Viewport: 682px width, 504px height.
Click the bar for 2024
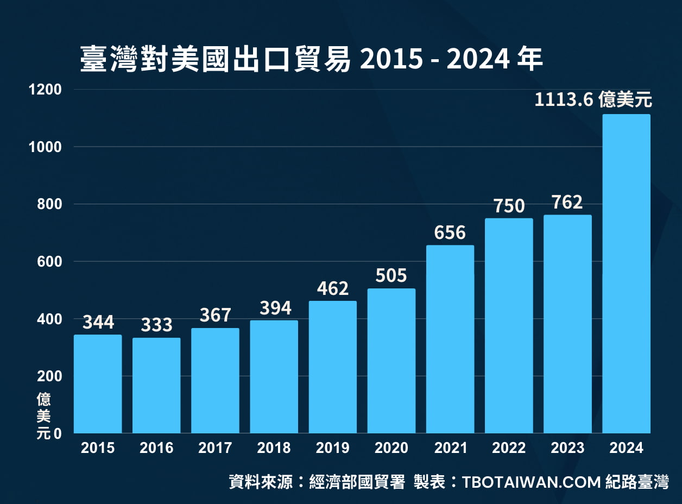(626, 274)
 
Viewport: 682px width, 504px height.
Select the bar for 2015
(98, 384)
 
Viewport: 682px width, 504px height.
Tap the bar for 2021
(450, 339)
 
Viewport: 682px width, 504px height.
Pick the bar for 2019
(333, 367)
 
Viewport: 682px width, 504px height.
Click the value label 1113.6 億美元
(593, 100)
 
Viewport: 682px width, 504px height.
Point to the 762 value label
(567, 202)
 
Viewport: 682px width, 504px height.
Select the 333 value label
(156, 325)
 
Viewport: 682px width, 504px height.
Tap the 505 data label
(391, 276)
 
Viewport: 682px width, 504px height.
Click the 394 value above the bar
(274, 308)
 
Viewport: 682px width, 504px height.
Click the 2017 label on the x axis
(215, 448)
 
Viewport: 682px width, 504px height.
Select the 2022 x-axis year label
(509, 448)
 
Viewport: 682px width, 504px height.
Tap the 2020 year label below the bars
(391, 448)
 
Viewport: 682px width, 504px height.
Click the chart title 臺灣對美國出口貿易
(215, 59)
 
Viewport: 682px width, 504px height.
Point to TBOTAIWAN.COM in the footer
(531, 482)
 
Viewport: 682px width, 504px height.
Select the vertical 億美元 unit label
(43, 417)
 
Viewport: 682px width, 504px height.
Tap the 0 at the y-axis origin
(58, 434)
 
